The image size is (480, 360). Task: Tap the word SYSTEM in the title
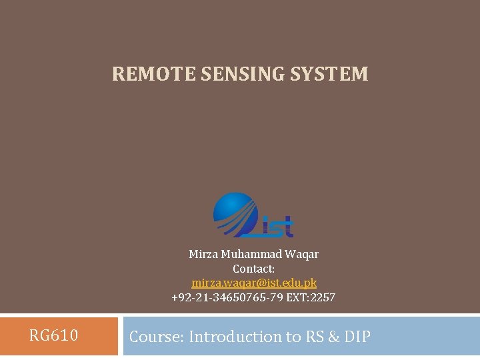point(329,74)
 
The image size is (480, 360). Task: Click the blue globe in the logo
point(235,213)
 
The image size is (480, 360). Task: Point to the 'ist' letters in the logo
point(276,227)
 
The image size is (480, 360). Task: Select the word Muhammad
point(250,254)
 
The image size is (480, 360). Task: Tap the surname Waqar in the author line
point(302,254)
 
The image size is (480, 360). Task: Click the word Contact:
point(253,269)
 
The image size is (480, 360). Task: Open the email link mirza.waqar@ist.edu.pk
point(253,283)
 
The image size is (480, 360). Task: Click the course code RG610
point(53,335)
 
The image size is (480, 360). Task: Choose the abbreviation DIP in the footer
point(357,337)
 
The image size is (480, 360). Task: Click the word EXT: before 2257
point(297,297)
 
